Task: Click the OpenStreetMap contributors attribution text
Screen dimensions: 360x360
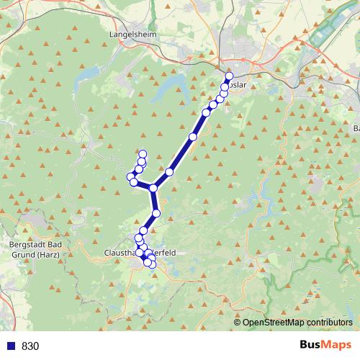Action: (x=297, y=323)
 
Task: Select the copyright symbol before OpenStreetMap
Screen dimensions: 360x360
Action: (x=237, y=323)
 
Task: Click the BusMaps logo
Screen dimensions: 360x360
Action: (x=323, y=345)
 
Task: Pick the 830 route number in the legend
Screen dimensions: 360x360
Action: (x=30, y=346)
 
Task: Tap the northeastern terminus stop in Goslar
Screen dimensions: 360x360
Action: (x=230, y=76)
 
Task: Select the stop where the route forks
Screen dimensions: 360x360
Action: (x=153, y=188)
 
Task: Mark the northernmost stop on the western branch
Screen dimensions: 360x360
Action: (x=143, y=153)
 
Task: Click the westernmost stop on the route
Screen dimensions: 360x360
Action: (x=131, y=176)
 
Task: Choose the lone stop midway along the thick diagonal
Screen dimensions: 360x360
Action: (x=192, y=137)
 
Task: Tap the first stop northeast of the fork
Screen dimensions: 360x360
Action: (x=169, y=172)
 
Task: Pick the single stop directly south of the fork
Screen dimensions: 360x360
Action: (x=156, y=213)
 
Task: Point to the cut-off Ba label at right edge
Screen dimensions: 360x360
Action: (x=356, y=128)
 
